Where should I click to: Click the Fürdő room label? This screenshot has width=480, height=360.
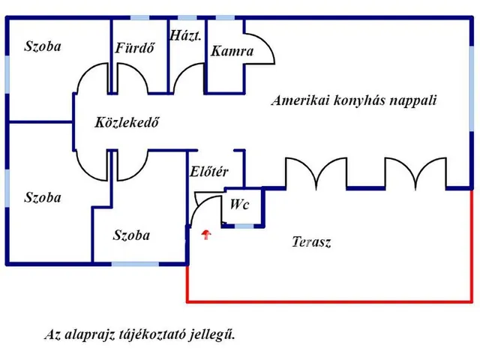pos(135,49)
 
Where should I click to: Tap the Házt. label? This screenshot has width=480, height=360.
pos(185,35)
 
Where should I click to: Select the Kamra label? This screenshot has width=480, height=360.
pos(232,52)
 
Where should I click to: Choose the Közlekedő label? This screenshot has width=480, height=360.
pos(127,123)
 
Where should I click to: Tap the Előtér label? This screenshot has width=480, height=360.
pos(209,172)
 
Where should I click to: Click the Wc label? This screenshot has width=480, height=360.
pos(240,204)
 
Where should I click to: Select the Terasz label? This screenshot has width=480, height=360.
pos(310,242)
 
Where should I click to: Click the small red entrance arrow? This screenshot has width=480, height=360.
pos(207,235)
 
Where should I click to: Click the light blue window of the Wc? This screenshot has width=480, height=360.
pos(244,225)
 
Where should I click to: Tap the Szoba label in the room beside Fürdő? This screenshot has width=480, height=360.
pos(43,46)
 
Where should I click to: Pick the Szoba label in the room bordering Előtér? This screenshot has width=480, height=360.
pos(131,235)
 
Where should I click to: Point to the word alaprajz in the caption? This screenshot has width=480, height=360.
pos(88,334)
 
